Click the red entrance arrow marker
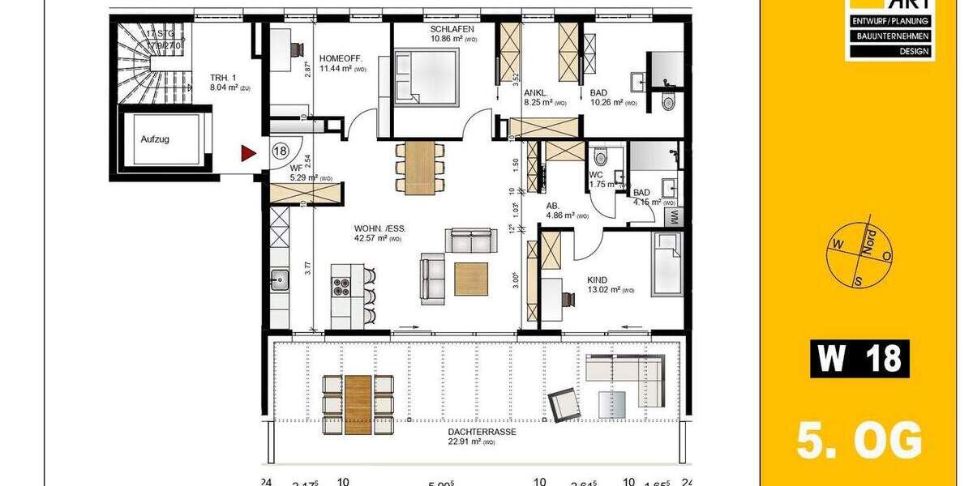click(x=247, y=151)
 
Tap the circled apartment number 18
click(x=281, y=151)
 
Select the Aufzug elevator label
click(x=155, y=139)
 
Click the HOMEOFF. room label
click(x=341, y=58)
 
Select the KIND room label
click(x=598, y=280)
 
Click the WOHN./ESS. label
click(x=374, y=228)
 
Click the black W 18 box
click(x=859, y=359)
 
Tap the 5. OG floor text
click(x=859, y=441)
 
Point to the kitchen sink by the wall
click(x=278, y=281)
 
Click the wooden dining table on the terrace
click(x=358, y=404)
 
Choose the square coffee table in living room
click(x=471, y=279)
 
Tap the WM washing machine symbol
click(x=675, y=216)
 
